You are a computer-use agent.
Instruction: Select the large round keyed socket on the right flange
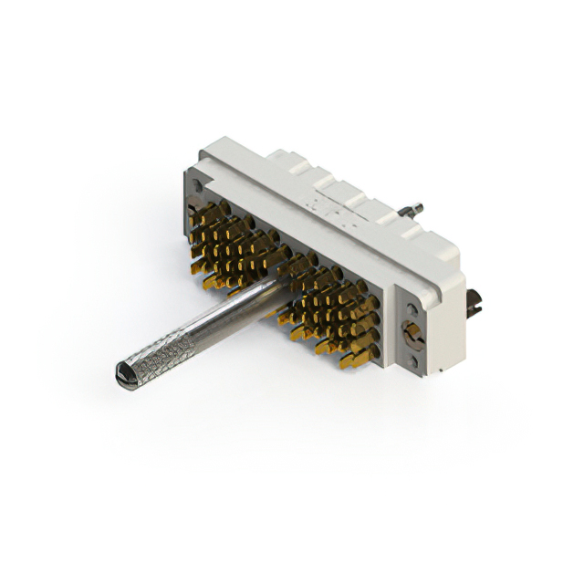(412, 332)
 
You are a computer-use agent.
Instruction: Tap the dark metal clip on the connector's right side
(474, 302)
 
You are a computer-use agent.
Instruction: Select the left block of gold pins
(234, 245)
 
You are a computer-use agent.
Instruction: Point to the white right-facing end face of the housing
(447, 319)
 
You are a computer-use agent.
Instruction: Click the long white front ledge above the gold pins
(301, 237)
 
